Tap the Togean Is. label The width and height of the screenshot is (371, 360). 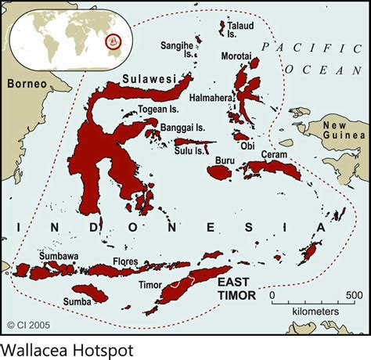[x=157, y=110]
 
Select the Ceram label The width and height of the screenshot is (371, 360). [x=274, y=156]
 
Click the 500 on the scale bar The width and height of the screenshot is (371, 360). [x=349, y=296]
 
